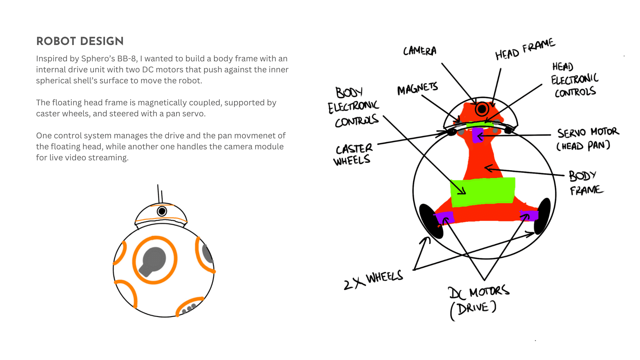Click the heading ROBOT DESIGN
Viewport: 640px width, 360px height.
[80, 41]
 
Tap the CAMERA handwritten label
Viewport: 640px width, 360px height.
[420, 51]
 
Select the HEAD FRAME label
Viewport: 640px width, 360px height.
[525, 49]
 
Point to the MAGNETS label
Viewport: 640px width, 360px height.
[417, 89]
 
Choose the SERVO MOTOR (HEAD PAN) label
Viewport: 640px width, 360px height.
[587, 139]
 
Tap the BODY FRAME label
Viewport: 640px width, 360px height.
[585, 183]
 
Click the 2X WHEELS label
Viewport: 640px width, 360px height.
[374, 280]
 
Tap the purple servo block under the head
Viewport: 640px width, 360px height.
[478, 135]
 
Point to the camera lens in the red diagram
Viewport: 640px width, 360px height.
[482, 109]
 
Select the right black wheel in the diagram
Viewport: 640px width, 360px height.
[542, 216]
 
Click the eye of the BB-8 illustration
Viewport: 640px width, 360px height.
[162, 211]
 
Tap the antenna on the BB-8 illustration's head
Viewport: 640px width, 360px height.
[160, 193]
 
